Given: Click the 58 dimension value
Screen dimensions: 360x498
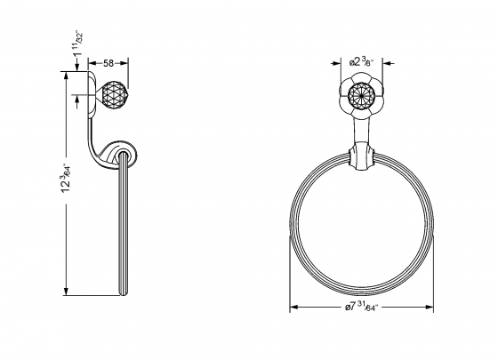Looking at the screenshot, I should click(x=108, y=64).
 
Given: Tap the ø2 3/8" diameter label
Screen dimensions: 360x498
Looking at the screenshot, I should click(x=362, y=62).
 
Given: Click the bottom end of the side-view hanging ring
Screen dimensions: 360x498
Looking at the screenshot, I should click(x=123, y=292).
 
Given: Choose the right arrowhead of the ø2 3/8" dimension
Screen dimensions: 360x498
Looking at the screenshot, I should click(x=383, y=62).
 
